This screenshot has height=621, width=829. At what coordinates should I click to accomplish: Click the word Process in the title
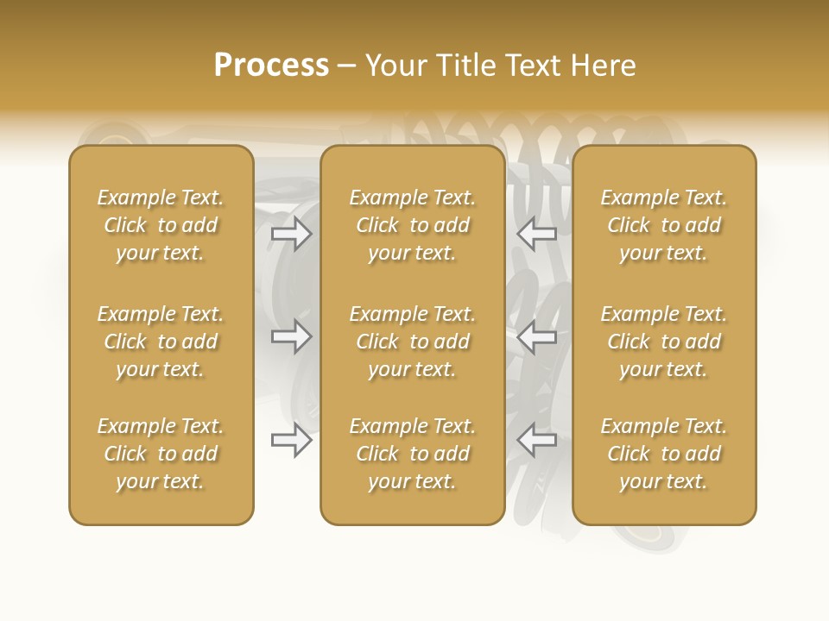[x=271, y=66]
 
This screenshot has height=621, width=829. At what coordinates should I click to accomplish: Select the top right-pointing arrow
[x=292, y=234]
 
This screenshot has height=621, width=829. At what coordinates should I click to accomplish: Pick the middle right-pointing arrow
[x=292, y=336]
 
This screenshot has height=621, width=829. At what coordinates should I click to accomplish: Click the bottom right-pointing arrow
[x=292, y=440]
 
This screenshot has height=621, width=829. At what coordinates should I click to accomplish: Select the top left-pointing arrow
[x=537, y=234]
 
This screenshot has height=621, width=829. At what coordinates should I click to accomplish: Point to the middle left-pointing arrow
[x=537, y=336]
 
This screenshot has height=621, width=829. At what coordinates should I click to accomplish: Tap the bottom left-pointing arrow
[x=537, y=440]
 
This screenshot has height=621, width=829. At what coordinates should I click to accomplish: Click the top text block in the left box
[x=161, y=225]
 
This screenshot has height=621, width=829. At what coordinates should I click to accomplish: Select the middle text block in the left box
[x=161, y=342]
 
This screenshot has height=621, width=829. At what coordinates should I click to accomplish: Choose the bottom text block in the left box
[x=161, y=454]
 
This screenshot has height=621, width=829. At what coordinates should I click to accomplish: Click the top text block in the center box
[x=413, y=225]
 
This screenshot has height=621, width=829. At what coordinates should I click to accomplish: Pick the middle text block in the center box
[x=413, y=342]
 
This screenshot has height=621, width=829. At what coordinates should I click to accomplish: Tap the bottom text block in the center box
[x=413, y=454]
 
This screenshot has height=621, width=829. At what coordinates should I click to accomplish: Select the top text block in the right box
[x=664, y=225]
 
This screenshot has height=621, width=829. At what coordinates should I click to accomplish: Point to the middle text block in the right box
[x=664, y=342]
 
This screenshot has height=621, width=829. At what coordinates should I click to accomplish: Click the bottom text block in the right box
[x=664, y=454]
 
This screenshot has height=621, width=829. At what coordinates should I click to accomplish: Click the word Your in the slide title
[x=396, y=66]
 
